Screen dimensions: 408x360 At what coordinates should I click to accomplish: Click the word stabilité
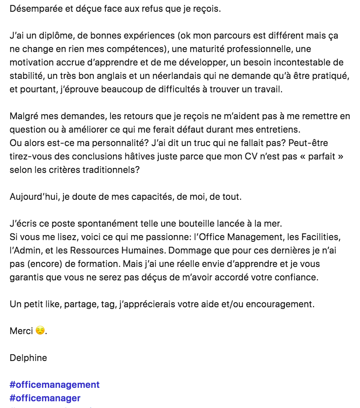(x=26, y=76)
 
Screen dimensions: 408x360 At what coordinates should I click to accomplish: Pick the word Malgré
(x=24, y=116)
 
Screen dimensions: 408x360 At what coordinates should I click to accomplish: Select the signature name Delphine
(x=28, y=358)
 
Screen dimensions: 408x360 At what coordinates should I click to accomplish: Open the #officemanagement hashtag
(x=55, y=384)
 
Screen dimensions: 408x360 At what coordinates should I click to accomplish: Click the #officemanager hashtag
(x=45, y=398)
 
